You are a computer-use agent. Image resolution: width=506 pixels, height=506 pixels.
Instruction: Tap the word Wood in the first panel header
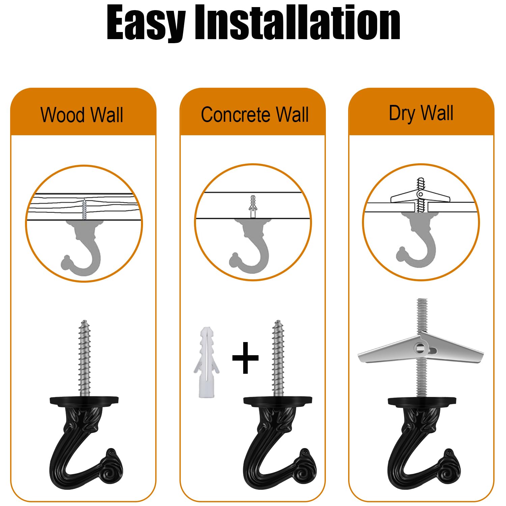(x=62, y=115)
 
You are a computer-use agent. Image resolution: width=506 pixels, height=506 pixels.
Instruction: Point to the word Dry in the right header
(x=402, y=113)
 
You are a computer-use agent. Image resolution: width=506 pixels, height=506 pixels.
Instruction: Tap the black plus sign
(x=246, y=358)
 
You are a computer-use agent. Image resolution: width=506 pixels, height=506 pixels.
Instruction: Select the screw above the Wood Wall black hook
(x=84, y=358)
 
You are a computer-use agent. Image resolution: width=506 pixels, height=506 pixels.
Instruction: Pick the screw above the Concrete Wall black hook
(x=278, y=358)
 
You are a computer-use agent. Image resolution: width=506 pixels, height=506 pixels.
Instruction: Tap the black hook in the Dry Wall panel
(x=423, y=442)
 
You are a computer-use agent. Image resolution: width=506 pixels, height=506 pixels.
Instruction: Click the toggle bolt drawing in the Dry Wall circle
(x=420, y=196)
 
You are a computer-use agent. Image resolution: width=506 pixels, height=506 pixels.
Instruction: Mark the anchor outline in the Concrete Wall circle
(x=253, y=206)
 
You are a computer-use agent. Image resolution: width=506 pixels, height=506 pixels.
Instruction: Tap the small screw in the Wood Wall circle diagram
(x=84, y=209)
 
